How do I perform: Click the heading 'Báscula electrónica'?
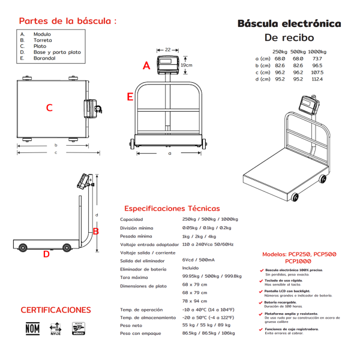[289, 24]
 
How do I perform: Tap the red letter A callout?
[146, 66]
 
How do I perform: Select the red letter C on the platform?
[49, 108]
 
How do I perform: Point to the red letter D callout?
[46, 254]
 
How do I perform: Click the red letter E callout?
[130, 97]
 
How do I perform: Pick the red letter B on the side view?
[95, 231]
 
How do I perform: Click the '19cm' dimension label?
[187, 65]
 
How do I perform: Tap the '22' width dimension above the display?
[167, 49]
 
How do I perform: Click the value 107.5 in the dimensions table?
[317, 72]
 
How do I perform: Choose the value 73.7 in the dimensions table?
[317, 58]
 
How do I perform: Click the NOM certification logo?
[32, 329]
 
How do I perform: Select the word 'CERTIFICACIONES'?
[56, 310]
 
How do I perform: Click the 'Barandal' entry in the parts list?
[44, 59]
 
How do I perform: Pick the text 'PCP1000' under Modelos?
[299, 261]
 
